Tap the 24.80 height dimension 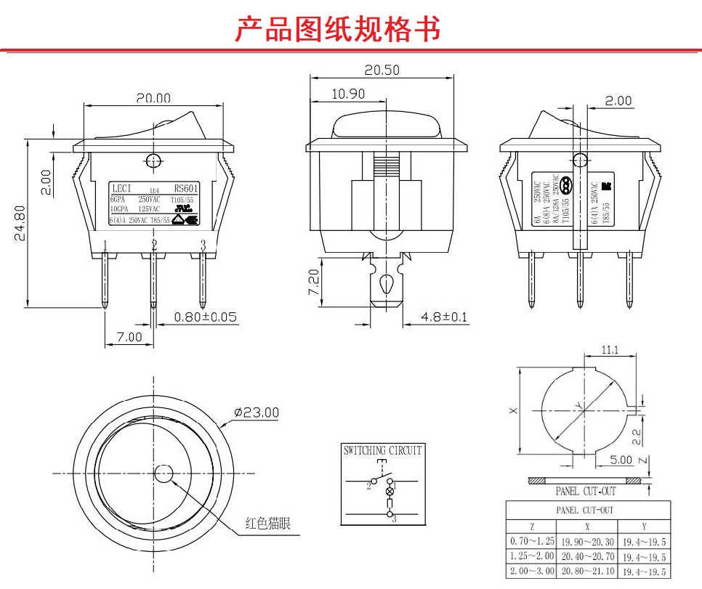click(x=20, y=223)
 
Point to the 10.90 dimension click(x=348, y=94)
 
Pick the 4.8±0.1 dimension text click(x=444, y=317)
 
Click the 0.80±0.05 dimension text click(x=206, y=317)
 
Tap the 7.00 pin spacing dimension click(x=129, y=338)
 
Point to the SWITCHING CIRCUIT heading click(x=382, y=450)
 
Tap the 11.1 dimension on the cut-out click(x=610, y=350)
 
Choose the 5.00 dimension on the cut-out click(x=621, y=460)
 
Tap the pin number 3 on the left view click(x=203, y=246)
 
